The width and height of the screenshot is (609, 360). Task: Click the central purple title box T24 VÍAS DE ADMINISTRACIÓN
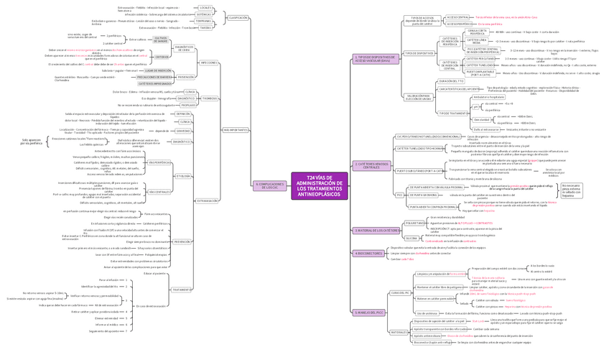320,186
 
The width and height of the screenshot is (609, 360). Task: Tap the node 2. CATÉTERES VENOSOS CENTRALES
372,165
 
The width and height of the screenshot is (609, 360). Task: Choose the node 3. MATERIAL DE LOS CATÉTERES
377,231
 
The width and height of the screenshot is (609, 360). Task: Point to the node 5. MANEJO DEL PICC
369,313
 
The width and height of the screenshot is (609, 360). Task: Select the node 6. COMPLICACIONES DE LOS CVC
270,185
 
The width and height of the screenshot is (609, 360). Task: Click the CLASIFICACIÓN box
238,17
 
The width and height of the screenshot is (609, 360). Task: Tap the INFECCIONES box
209,63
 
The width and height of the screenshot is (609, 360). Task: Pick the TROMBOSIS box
210,98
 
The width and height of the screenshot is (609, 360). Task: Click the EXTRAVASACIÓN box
208,201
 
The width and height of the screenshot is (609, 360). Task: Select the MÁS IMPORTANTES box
236,129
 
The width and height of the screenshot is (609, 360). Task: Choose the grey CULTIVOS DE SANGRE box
161,39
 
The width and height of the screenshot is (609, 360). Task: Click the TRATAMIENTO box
182,290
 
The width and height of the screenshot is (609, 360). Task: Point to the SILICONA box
412,238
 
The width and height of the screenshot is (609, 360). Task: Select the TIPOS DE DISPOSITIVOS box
419,53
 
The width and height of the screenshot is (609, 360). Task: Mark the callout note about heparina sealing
571,189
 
